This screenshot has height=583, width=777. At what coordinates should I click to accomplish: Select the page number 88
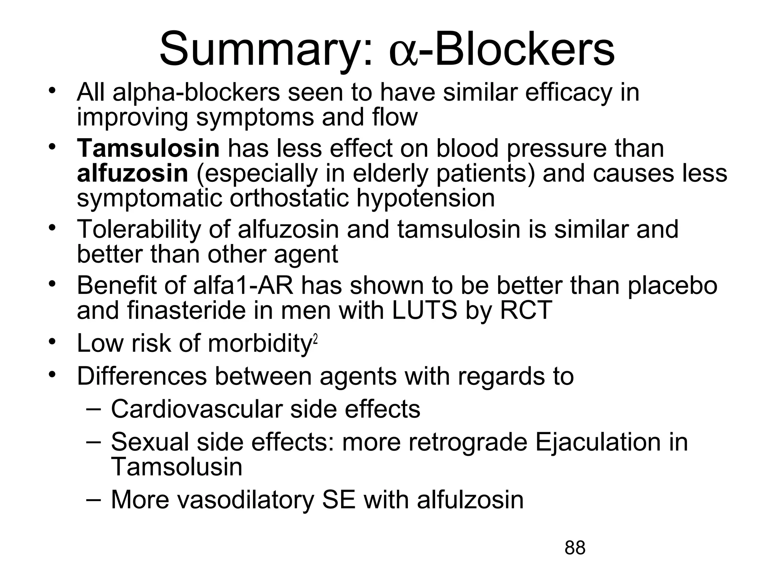coord(575,548)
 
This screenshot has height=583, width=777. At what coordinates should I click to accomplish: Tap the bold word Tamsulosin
coord(148,148)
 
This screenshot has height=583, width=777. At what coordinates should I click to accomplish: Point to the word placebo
coord(672,286)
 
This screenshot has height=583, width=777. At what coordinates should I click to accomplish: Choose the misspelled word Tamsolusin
coord(176,467)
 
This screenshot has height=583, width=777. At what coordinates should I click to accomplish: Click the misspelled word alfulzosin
coord(470,500)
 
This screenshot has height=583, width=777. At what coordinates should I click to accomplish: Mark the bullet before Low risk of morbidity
coord(52,340)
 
